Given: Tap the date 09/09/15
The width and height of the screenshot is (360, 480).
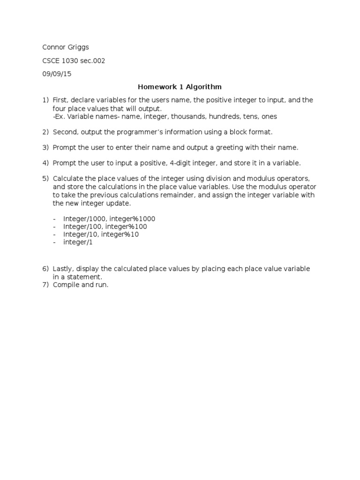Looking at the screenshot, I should [x=57, y=74].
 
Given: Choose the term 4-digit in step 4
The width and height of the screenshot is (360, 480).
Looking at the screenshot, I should [x=178, y=163].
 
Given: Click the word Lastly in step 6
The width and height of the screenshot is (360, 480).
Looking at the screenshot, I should [x=63, y=269].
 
